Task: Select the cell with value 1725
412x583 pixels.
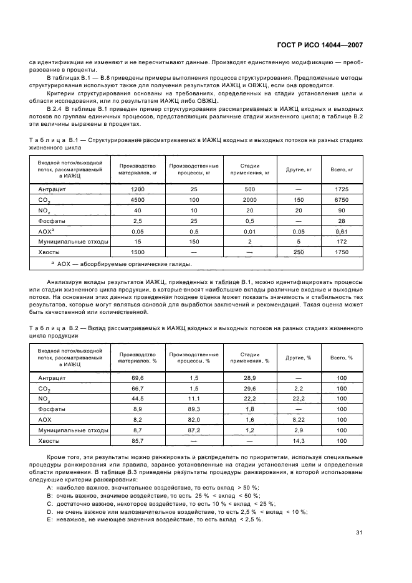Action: coord(341,189)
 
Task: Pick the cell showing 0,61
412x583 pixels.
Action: coord(341,230)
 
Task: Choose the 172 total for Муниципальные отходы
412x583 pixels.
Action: coord(341,241)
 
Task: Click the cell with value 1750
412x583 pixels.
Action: coord(341,252)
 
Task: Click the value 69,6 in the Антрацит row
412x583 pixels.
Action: coord(137,377)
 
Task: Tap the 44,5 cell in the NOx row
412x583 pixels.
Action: coord(137,399)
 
